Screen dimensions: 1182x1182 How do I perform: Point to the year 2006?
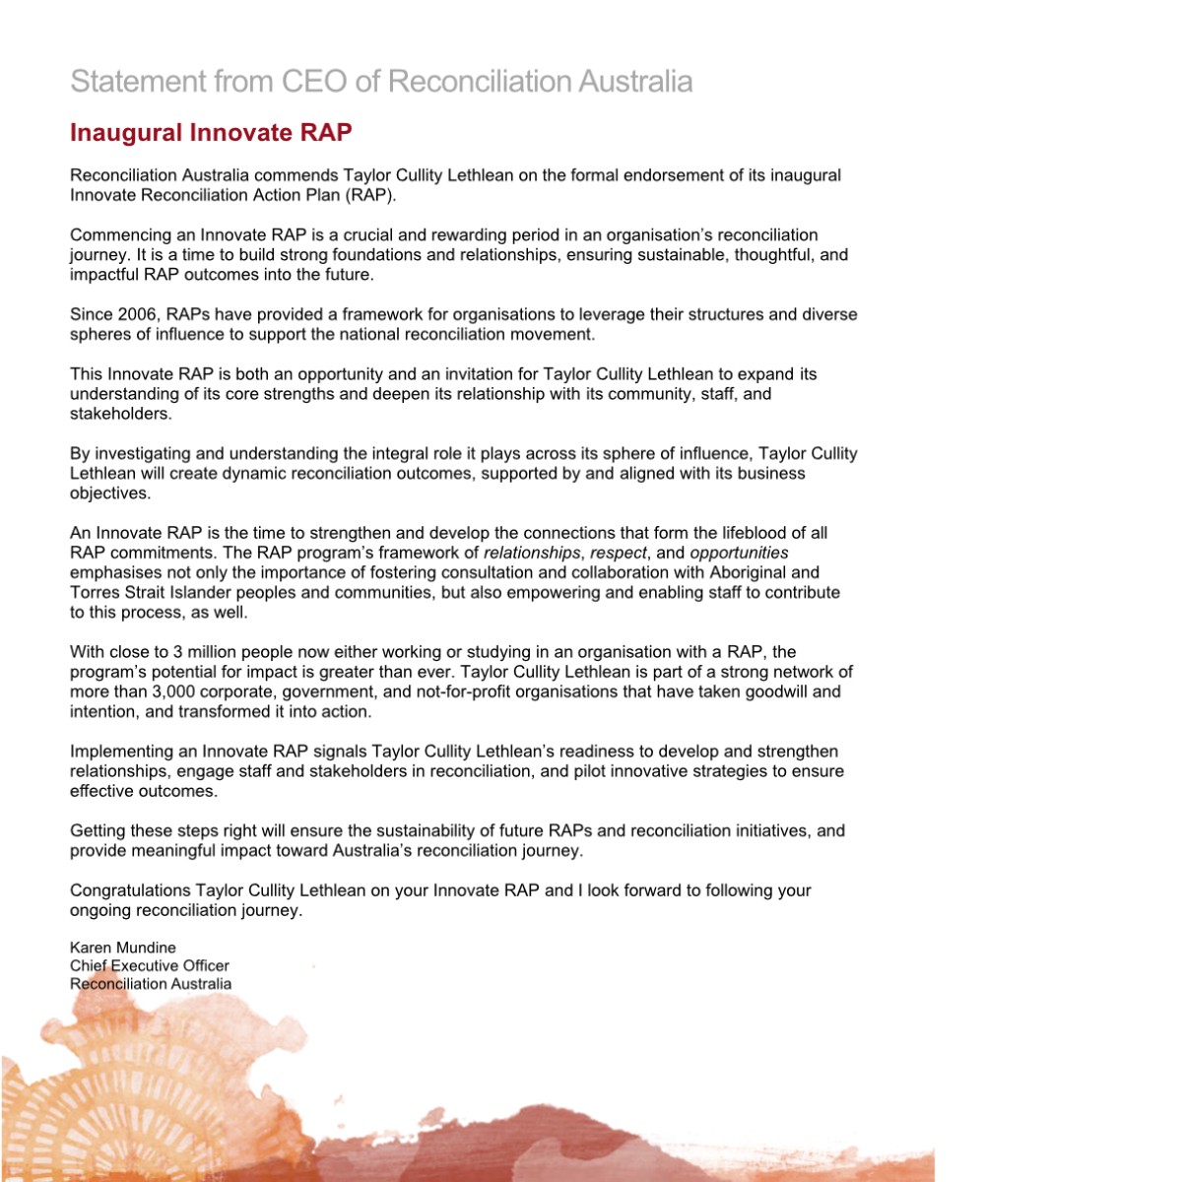click(x=137, y=315)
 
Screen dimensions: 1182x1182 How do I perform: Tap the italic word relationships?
click(x=532, y=553)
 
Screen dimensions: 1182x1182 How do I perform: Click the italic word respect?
click(x=619, y=553)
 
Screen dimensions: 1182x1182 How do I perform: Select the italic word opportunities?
click(x=739, y=553)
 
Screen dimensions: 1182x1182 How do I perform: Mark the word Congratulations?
click(x=130, y=890)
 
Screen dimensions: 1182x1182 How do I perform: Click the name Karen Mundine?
click(x=123, y=948)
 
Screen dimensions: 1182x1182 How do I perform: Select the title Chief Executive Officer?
click(x=150, y=965)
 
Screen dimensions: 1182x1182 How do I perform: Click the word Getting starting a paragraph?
click(x=98, y=831)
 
